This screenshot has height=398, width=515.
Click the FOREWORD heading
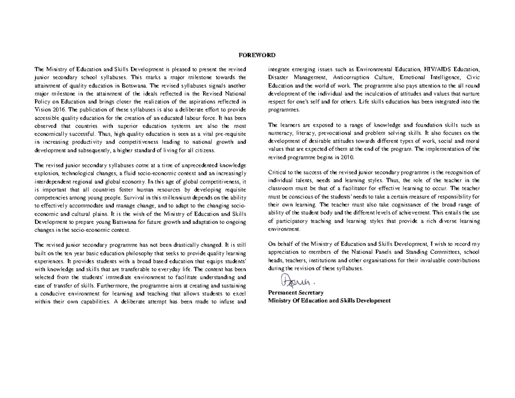(257, 55)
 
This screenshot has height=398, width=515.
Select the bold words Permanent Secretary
(296, 292)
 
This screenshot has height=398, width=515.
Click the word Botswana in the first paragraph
(134, 85)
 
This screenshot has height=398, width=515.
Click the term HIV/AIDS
(437, 69)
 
